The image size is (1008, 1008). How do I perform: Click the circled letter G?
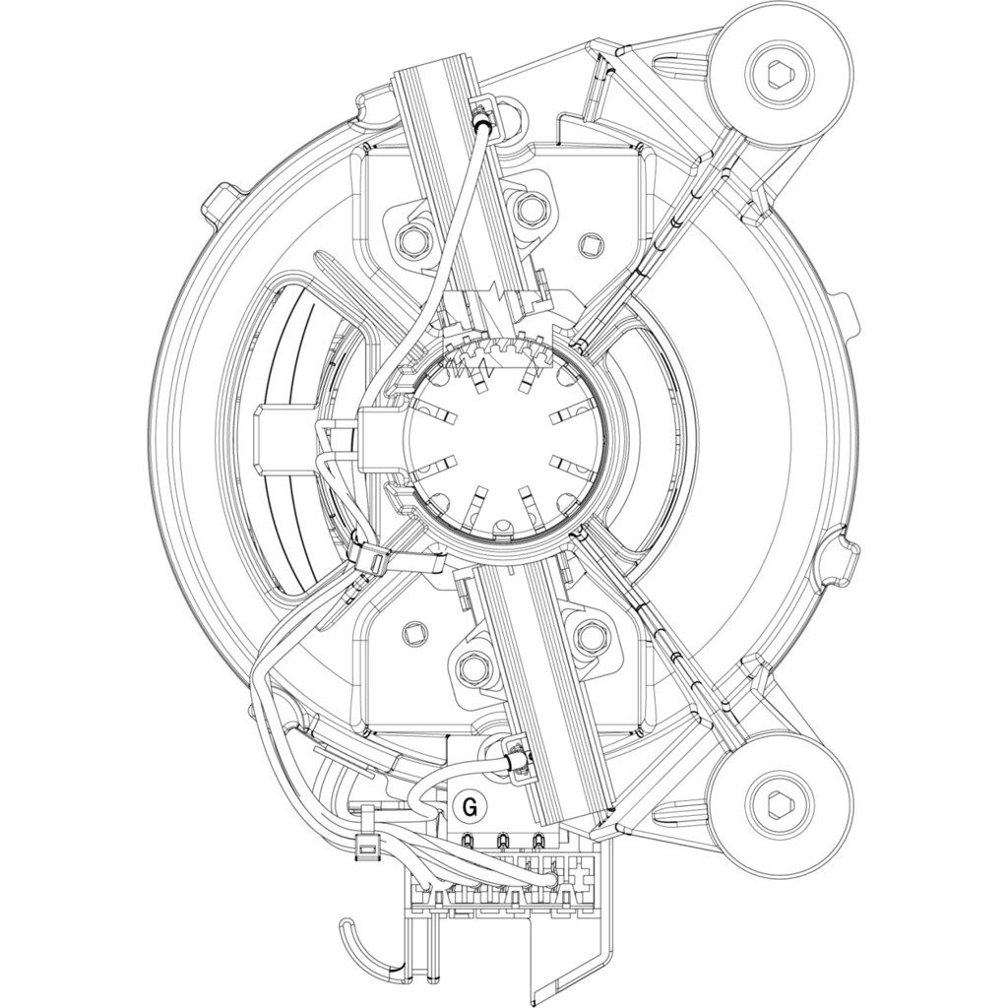click(x=470, y=808)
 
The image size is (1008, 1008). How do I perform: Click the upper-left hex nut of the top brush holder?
click(x=413, y=240)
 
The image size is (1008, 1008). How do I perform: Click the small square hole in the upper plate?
click(x=588, y=241)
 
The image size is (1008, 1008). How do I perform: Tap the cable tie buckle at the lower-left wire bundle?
click(x=368, y=850)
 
